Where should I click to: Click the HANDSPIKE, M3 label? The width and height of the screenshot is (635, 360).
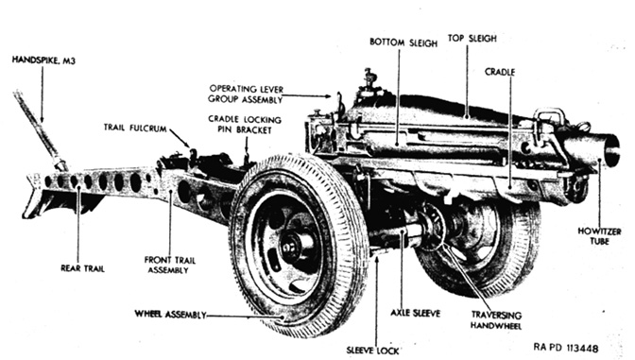(43, 60)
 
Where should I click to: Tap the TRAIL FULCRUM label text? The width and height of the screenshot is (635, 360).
(135, 129)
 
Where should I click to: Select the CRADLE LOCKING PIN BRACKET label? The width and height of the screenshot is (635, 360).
(245, 125)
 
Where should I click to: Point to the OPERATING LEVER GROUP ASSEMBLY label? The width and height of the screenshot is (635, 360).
(246, 94)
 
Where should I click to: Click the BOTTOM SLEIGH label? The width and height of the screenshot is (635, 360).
(403, 43)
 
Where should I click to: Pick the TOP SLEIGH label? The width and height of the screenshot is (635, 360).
(472, 39)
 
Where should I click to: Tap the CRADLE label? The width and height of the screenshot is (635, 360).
(500, 72)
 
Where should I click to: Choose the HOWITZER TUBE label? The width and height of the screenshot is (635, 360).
(599, 236)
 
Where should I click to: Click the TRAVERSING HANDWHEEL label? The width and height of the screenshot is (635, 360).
(496, 320)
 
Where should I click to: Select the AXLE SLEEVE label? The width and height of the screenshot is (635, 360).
(415, 313)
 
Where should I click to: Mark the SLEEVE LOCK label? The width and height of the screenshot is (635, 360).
(372, 351)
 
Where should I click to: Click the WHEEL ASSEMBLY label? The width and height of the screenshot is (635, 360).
(170, 315)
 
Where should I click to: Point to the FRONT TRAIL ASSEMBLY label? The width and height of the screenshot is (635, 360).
(170, 266)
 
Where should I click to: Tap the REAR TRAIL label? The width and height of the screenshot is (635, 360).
(82, 268)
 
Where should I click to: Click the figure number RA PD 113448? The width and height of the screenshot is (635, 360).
(566, 348)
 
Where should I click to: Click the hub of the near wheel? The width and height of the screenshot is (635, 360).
(292, 247)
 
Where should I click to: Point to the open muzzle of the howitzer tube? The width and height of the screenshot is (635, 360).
(612, 149)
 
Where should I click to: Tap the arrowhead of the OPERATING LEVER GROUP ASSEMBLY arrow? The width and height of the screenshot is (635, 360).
(329, 96)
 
